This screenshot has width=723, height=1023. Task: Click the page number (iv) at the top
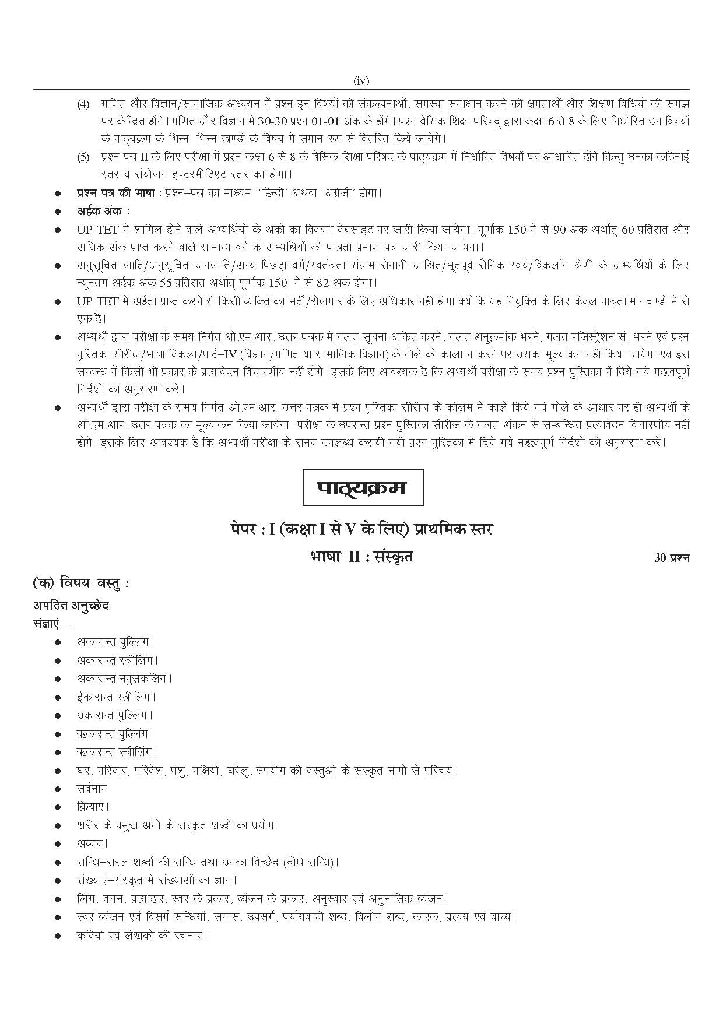click(x=361, y=82)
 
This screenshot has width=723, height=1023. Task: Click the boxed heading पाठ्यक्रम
click(x=363, y=487)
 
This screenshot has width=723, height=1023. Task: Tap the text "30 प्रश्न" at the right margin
click(x=672, y=558)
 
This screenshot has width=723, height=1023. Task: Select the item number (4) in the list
click(x=83, y=105)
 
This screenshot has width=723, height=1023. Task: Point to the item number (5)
click(x=83, y=157)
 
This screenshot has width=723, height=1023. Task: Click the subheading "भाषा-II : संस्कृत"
click(x=361, y=557)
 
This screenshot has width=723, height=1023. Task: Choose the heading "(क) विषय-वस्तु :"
click(x=81, y=583)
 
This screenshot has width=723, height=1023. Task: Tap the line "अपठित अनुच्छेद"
click(x=71, y=605)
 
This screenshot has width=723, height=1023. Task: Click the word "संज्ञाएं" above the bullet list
click(x=51, y=623)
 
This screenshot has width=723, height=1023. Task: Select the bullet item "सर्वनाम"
click(x=94, y=789)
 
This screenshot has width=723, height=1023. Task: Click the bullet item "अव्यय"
click(x=92, y=843)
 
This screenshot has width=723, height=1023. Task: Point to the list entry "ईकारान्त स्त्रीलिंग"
click(x=117, y=697)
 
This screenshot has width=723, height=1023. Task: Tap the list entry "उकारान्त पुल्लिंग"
click(x=115, y=715)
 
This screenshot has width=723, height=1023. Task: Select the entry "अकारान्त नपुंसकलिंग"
click(x=124, y=679)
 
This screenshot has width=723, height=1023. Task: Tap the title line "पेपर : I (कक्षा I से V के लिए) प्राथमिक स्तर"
click(x=361, y=530)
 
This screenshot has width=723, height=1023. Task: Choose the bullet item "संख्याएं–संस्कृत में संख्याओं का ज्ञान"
click(x=157, y=880)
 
